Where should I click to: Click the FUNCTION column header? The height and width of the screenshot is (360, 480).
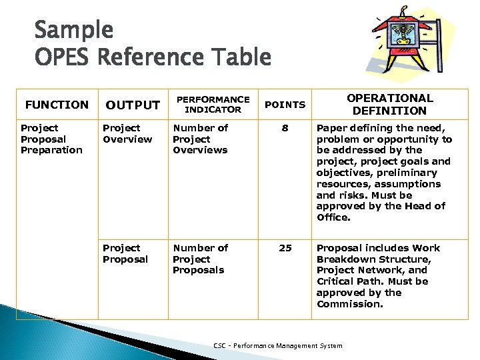tap(56, 105)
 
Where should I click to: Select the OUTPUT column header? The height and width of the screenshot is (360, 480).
tap(133, 105)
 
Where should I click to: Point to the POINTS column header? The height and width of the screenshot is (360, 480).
tap(285, 105)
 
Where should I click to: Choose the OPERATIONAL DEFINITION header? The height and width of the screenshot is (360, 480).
tap(389, 104)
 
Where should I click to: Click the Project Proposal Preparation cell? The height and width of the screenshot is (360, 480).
tap(51, 139)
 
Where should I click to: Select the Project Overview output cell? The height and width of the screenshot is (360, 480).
tap(127, 133)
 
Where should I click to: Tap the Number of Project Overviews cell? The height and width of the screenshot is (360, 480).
tap(200, 139)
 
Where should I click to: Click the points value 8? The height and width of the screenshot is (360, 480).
tap(285, 128)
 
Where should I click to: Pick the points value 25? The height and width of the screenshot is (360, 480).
tap(285, 248)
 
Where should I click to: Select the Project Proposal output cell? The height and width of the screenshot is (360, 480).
tap(125, 253)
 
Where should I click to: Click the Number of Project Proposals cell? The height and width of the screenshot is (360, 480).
tap(200, 259)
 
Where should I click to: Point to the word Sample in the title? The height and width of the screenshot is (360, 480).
tap(74, 30)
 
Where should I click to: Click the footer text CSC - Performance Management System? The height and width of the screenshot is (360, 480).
tap(277, 345)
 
